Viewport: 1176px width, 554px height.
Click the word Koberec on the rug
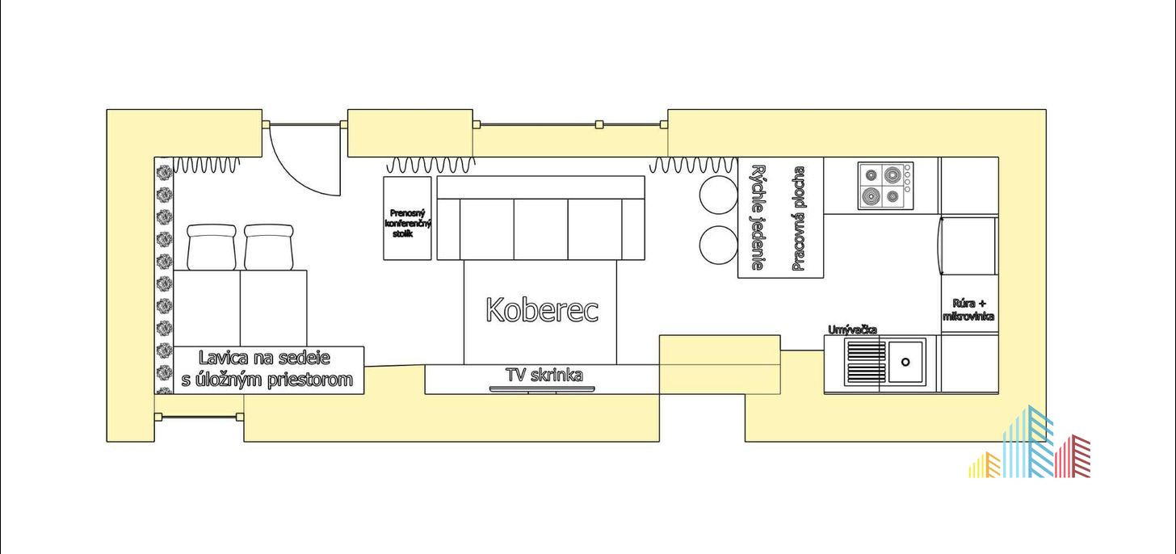coord(542,310)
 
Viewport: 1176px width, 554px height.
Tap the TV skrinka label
coord(544,375)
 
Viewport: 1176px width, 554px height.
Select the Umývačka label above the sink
coord(853,329)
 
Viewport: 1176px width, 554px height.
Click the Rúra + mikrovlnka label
coord(968,310)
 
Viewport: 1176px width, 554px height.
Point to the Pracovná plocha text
coord(799,218)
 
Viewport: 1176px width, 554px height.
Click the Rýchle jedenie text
coord(758,217)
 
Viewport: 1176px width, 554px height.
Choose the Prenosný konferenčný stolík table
coord(407,218)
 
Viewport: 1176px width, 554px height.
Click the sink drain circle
coord(905,362)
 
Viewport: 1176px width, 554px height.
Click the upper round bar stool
coord(718,195)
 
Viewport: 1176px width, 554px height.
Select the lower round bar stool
coord(718,245)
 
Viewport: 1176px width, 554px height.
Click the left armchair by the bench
coord(211,247)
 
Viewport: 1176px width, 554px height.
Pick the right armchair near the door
coord(268,247)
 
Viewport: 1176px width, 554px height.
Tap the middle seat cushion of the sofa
coord(541,229)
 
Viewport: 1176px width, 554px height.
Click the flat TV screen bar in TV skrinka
coord(542,389)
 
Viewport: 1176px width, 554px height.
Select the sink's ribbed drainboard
coord(866,362)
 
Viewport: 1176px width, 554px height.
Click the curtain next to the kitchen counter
coord(693,165)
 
